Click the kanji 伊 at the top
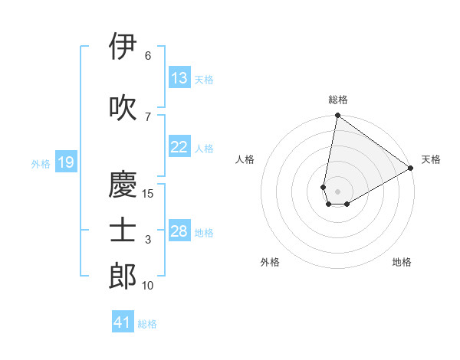pos(123,47)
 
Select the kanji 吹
pos(123,108)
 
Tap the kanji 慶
pos(123,185)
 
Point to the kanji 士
pos(123,231)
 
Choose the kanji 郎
pos(123,276)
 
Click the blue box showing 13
pos(179,78)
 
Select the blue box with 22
pos(179,147)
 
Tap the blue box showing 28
pos(179,231)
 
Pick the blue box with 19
pos(65,162)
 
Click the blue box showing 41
pos(123,322)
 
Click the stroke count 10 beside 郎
pos(148,286)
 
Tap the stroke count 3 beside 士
pos(148,240)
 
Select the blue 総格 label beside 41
pos(147,324)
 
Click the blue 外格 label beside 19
pos(41,163)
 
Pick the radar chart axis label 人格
pos(245,159)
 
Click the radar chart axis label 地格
pos(402,262)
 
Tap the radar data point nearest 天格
pos(411,169)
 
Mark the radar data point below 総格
pos(337,116)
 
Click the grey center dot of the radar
pos(337,190)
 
